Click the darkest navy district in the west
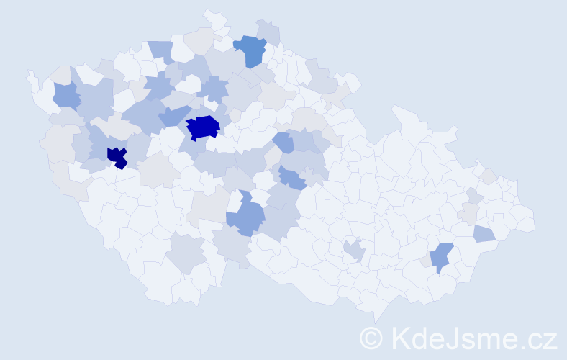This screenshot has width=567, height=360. coord(117,156)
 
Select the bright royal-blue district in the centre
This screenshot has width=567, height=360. coord(203,127)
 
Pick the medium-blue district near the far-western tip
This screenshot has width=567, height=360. coord(66,94)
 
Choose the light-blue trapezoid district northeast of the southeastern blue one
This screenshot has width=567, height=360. coord(484,233)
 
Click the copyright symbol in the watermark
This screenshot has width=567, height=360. coord(371,337)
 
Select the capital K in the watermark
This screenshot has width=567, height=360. coord(400,337)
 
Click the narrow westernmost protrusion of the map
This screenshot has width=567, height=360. coord(30,76)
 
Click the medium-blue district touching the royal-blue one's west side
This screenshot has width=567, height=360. coord(173,115)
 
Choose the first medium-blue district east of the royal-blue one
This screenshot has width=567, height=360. coord(283,142)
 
